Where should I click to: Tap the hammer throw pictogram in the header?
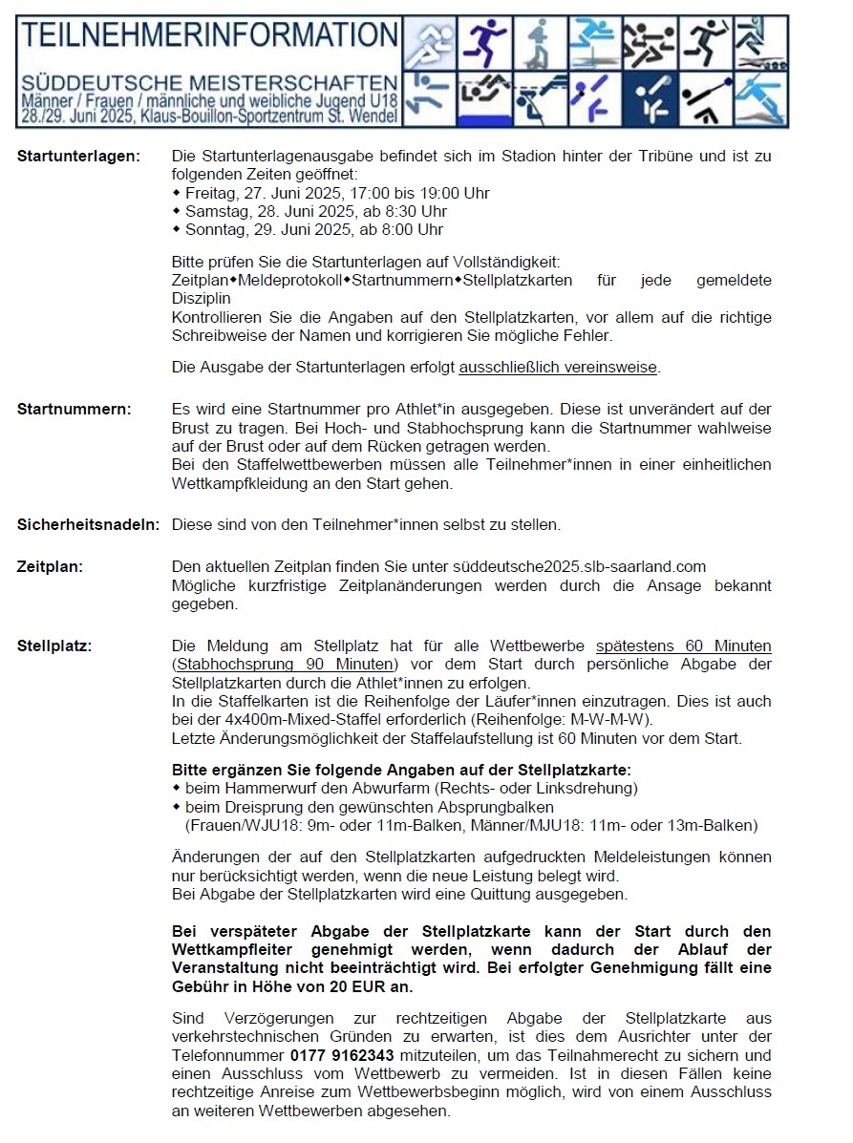click(x=706, y=99)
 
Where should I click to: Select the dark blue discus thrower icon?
click(x=650, y=99)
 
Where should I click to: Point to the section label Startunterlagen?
click(x=78, y=155)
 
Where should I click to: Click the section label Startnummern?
click(x=75, y=410)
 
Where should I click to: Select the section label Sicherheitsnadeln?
click(x=89, y=524)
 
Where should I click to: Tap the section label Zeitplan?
click(x=50, y=566)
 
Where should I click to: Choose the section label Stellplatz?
click(x=54, y=646)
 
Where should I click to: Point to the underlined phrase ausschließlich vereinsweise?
click(x=558, y=367)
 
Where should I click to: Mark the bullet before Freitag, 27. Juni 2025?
click(x=177, y=193)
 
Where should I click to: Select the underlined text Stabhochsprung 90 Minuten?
click(x=284, y=664)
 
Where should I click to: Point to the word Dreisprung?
click(x=255, y=807)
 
